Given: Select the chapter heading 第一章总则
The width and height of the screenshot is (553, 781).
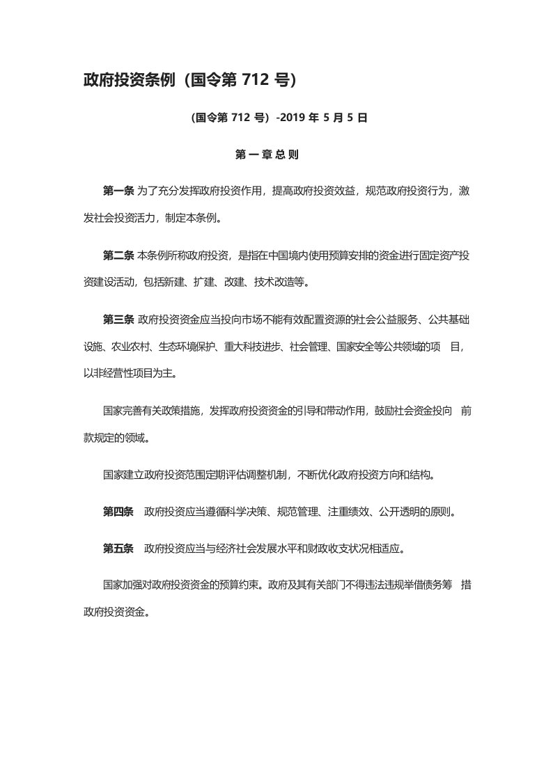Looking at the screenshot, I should (267, 155).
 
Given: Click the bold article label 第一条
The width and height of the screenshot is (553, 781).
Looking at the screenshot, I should (118, 191).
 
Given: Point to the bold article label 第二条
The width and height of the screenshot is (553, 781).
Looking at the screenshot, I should (118, 255).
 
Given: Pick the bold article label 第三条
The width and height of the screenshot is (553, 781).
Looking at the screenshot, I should (118, 319).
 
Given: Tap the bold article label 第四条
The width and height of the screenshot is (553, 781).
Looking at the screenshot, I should (118, 512).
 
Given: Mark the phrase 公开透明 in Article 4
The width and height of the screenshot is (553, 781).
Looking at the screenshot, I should (399, 512).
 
